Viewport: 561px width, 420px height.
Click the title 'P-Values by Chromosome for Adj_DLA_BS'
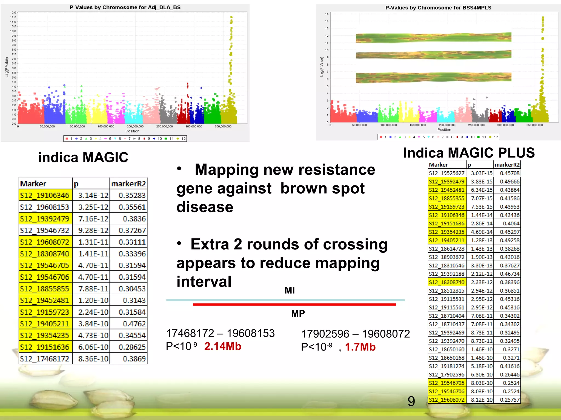coord(125,7)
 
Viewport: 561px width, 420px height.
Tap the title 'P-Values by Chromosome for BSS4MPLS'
coord(438,8)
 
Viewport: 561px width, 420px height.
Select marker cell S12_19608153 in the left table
coord(45,207)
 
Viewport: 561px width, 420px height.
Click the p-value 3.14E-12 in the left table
coord(93,196)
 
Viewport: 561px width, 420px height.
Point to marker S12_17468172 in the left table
coord(45,358)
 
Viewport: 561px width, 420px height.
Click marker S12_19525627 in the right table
coord(446,173)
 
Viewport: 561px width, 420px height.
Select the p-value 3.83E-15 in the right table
coord(482,182)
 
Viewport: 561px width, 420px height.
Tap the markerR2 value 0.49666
coord(510,182)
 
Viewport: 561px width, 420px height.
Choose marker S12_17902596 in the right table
coord(446,375)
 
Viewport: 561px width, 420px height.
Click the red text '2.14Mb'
coord(223,346)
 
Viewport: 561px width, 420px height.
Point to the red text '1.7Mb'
coord(360,347)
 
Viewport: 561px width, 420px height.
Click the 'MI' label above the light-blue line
coord(290,290)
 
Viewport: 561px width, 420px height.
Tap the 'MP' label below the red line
coord(298,313)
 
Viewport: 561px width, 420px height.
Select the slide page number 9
coord(411,401)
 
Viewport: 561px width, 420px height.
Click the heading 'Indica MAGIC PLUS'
coord(469,153)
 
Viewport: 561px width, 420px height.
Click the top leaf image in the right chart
coord(433,38)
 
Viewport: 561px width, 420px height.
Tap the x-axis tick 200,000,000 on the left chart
coord(135,126)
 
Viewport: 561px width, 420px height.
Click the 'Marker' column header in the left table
coord(33,184)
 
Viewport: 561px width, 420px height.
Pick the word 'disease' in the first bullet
coord(205,207)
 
